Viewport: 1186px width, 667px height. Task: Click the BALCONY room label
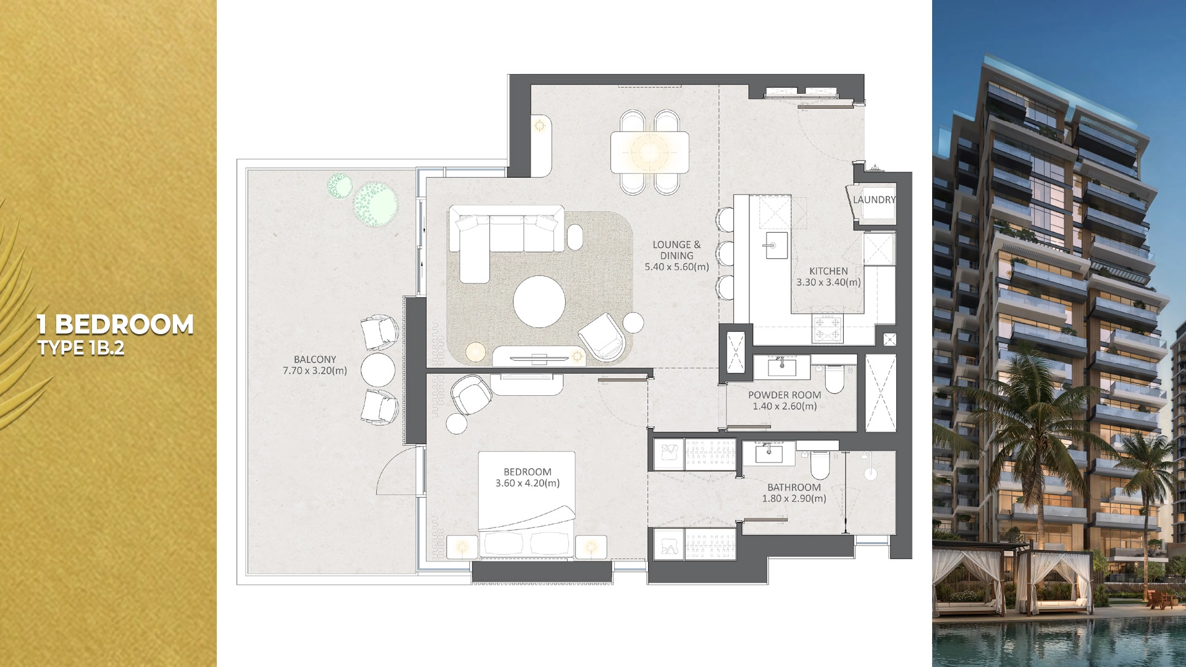(x=315, y=359)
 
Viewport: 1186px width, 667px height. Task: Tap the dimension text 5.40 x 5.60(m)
(x=676, y=267)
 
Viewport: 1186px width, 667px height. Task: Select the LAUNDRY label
(x=874, y=199)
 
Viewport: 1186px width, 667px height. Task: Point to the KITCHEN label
(x=828, y=271)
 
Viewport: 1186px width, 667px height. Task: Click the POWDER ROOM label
(x=784, y=395)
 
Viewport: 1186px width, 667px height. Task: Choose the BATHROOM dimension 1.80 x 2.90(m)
(x=794, y=498)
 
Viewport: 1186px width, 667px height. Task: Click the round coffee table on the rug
(x=539, y=301)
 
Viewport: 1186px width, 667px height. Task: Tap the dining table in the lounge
(x=649, y=152)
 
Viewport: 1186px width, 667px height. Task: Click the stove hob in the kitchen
(x=827, y=328)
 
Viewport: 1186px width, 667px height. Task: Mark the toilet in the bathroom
(x=820, y=466)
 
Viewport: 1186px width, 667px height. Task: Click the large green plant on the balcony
(x=375, y=203)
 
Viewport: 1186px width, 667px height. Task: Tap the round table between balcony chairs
(x=377, y=369)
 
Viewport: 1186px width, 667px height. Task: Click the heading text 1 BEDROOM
(x=115, y=324)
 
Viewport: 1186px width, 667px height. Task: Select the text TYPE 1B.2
(x=81, y=348)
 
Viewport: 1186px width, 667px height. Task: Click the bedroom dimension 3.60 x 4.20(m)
(x=528, y=483)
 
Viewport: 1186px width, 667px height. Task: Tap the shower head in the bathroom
(x=870, y=474)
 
